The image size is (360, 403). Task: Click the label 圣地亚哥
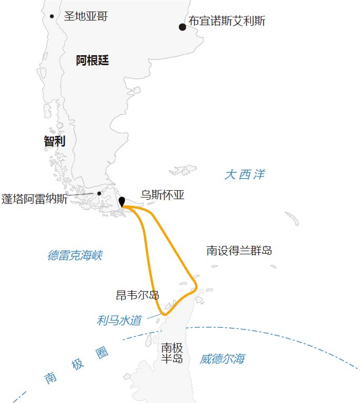86,16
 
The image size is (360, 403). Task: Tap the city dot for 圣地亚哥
51,16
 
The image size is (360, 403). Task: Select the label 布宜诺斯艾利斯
227,22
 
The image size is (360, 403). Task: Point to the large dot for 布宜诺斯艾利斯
182,27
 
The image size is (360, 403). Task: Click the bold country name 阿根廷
92,60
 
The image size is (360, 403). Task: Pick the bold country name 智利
55,141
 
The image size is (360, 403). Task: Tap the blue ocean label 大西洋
245,174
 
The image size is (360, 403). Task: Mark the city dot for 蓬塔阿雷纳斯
99,193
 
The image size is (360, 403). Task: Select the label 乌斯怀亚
163,195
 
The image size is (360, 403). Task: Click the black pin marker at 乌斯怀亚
122,202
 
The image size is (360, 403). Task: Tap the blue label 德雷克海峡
75,256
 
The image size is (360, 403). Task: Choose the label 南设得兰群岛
239,251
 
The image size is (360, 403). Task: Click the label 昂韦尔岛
137,295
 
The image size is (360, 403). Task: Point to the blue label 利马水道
119,320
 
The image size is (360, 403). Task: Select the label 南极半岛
172,353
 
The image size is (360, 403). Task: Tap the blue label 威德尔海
222,359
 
